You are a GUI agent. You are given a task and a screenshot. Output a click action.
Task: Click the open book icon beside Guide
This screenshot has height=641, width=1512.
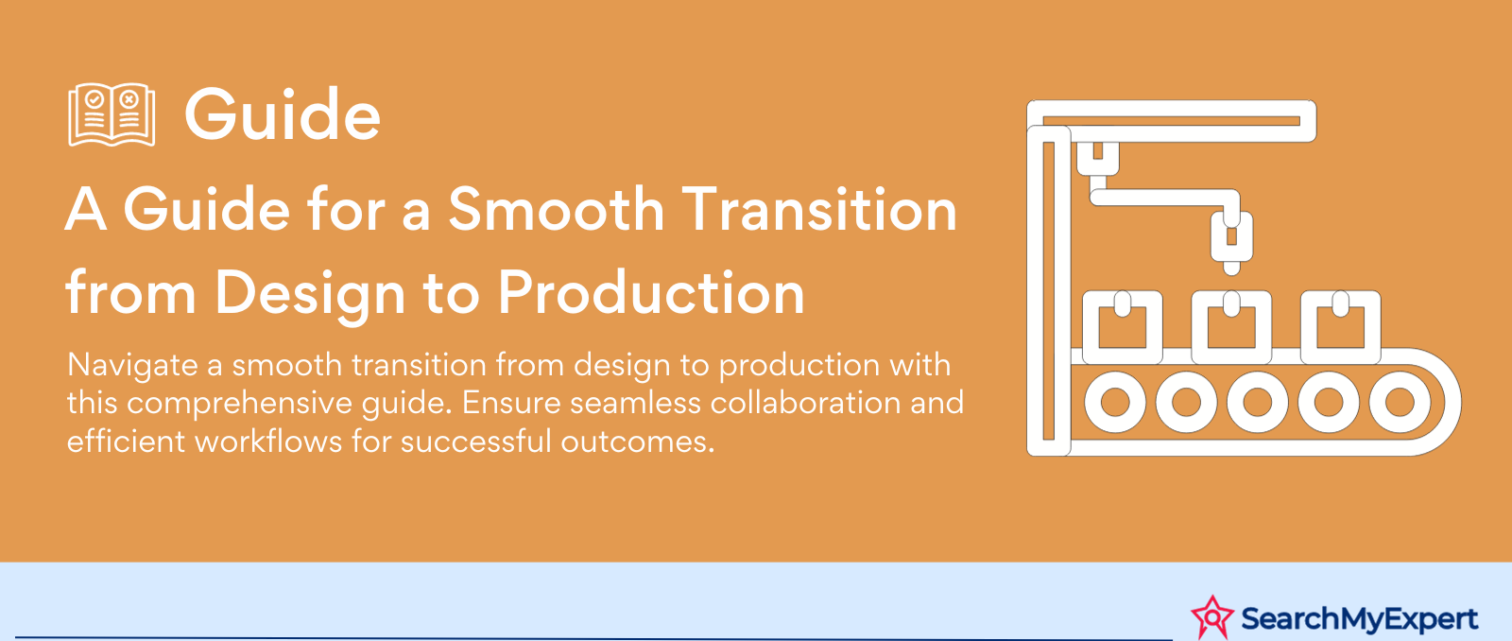coord(112,114)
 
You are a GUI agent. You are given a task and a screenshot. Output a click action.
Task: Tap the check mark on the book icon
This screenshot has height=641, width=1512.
coord(94,99)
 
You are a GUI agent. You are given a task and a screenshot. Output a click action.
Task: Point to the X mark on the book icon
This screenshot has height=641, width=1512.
coord(129,99)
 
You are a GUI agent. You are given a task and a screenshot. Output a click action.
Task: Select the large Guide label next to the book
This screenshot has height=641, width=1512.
coord(283,114)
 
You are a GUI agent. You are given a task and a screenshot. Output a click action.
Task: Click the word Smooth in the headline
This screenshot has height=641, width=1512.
coord(557,209)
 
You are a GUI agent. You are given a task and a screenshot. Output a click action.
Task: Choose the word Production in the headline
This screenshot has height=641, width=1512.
coord(651,293)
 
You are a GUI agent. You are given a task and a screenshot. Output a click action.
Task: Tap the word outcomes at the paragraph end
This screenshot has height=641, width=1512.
coord(637,442)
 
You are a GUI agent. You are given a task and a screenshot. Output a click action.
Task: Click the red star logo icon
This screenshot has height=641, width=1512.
coord(1212,617)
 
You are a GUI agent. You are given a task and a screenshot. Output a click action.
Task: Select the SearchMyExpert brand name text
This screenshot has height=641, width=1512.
coord(1360,618)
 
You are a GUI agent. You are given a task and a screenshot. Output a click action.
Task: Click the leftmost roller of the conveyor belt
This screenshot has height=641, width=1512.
coord(1115,403)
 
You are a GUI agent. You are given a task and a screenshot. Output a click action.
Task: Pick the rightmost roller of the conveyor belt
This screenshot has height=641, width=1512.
coord(1400,403)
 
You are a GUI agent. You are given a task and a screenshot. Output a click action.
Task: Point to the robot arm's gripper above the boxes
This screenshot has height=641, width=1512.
coord(1232,240)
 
